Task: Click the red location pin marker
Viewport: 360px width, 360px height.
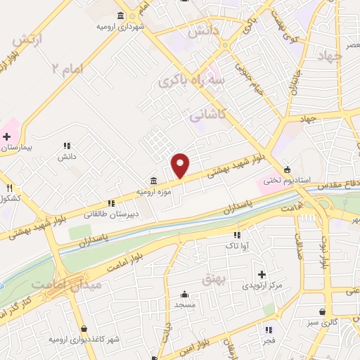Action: tap(181, 165)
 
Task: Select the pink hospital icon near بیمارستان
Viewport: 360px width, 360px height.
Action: tap(7, 135)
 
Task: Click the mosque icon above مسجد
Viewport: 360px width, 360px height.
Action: tap(184, 295)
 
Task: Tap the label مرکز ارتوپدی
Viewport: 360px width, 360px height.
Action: tap(262, 285)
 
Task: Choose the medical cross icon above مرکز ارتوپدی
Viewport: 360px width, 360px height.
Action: tap(262, 274)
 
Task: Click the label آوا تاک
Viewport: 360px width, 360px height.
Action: tap(237, 246)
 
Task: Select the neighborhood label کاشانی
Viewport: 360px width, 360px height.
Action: tap(208, 114)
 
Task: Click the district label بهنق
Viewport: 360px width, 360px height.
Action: tap(212, 279)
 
